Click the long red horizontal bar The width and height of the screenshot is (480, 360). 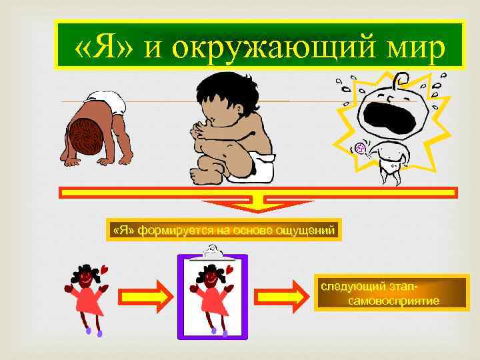257,193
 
